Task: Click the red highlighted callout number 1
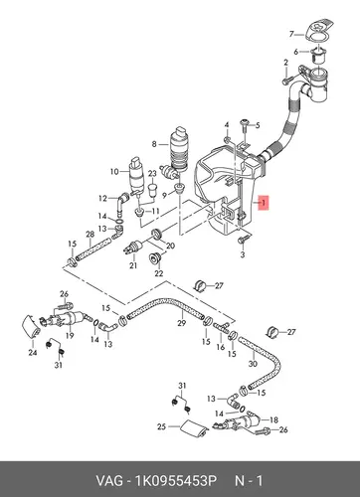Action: pyautogui.click(x=264, y=203)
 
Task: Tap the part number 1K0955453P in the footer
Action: pyautogui.click(x=175, y=480)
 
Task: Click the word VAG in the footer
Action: pyautogui.click(x=109, y=480)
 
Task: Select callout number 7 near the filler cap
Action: pyautogui.click(x=291, y=34)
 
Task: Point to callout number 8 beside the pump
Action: pyautogui.click(x=154, y=144)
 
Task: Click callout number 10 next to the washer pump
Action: pyautogui.click(x=114, y=172)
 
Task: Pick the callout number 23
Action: pyautogui.click(x=152, y=174)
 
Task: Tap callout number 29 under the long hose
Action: pyautogui.click(x=181, y=323)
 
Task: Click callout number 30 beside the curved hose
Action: pyautogui.click(x=253, y=364)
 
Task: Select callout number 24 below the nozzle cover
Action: pyautogui.click(x=33, y=353)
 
